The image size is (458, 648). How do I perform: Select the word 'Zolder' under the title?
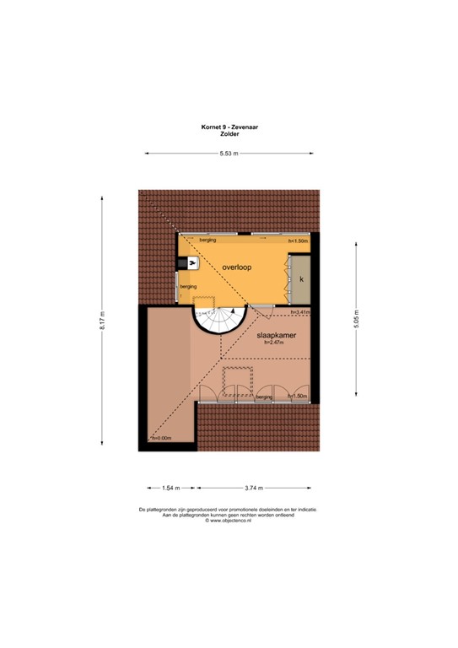point(229,134)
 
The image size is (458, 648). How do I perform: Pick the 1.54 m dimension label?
point(171,488)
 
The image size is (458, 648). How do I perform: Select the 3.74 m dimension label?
point(255,488)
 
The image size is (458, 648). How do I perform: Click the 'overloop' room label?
point(238,267)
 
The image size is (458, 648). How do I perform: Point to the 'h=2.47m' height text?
point(272,342)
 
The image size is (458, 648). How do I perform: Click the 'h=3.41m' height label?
point(300,313)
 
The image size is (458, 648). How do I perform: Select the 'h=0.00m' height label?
point(159,438)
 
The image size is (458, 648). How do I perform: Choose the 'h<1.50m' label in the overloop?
point(299,241)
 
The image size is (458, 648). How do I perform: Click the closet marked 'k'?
point(300,278)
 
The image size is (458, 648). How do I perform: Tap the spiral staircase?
point(218,321)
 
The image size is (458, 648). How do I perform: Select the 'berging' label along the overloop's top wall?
point(208,240)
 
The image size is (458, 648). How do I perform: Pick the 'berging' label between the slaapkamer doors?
point(264,396)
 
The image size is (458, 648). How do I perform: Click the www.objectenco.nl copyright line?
point(229,521)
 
